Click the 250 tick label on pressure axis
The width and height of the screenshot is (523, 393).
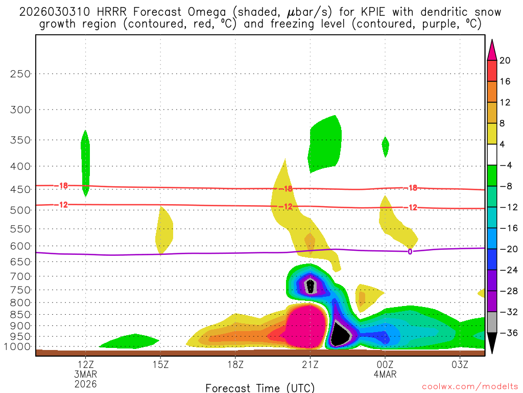click(21, 74)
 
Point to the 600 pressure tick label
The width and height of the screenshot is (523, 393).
click(21, 246)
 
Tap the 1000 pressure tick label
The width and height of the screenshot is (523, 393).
click(18, 346)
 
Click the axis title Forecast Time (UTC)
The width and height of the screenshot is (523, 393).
click(260, 387)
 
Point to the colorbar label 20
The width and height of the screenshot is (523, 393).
click(505, 60)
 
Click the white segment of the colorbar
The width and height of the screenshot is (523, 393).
click(492, 155)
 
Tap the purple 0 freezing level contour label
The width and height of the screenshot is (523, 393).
click(410, 251)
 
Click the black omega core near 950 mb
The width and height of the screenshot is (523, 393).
click(339, 335)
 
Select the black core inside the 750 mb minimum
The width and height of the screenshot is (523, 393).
click(310, 285)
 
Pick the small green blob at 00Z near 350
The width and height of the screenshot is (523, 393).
click(385, 146)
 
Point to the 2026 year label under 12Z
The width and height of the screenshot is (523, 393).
click(85, 383)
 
